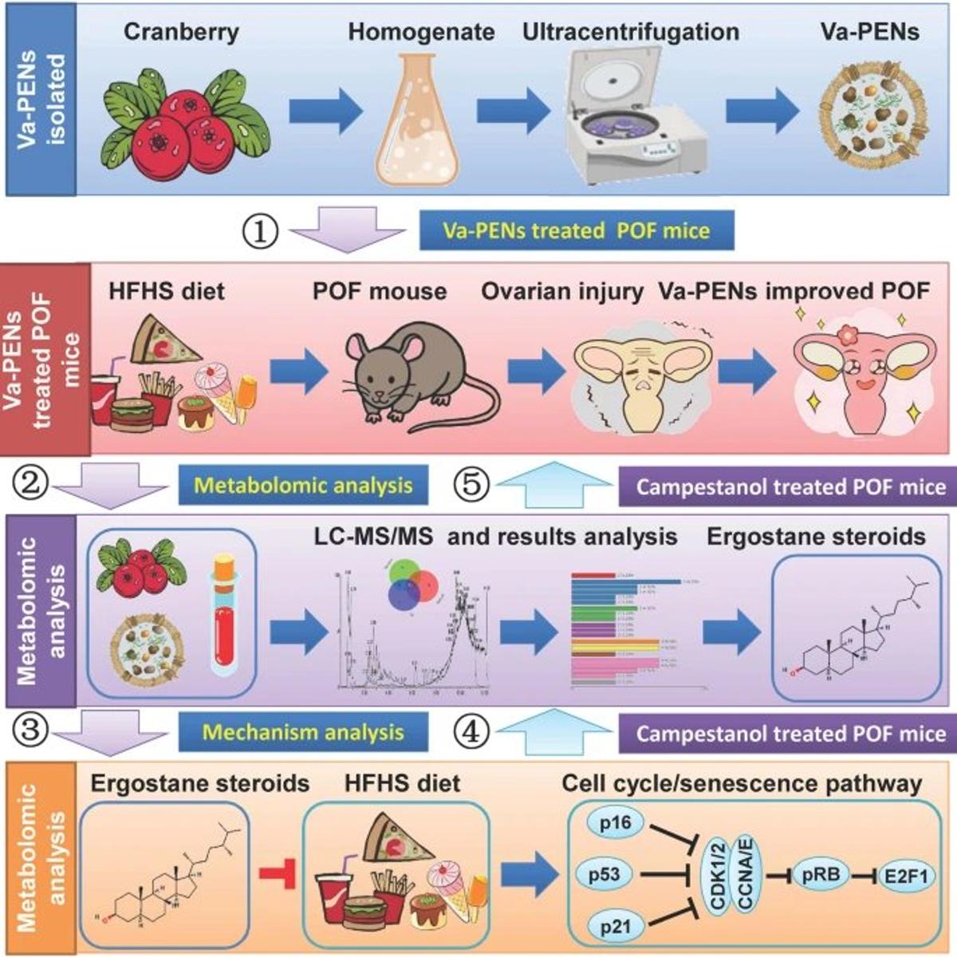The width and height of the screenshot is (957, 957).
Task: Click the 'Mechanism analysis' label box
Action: (x=303, y=732)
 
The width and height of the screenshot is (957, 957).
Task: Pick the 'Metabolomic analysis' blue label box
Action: (x=303, y=485)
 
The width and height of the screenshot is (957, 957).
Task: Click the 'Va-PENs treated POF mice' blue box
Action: (x=576, y=231)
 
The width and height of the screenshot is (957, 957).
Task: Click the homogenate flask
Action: (x=419, y=120)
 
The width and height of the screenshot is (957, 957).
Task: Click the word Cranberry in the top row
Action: (x=181, y=32)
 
